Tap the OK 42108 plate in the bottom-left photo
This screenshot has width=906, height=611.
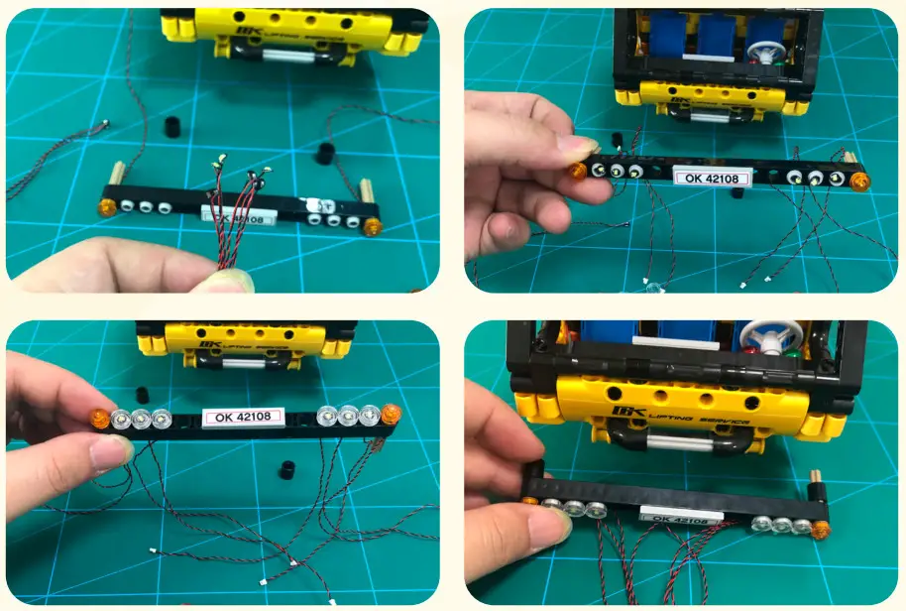point(244,417)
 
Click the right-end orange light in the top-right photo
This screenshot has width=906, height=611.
point(859,182)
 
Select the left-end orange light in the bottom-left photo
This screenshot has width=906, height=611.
point(100,418)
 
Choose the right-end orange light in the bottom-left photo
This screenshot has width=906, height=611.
point(392,414)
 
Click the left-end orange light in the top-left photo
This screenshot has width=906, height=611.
point(105,207)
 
